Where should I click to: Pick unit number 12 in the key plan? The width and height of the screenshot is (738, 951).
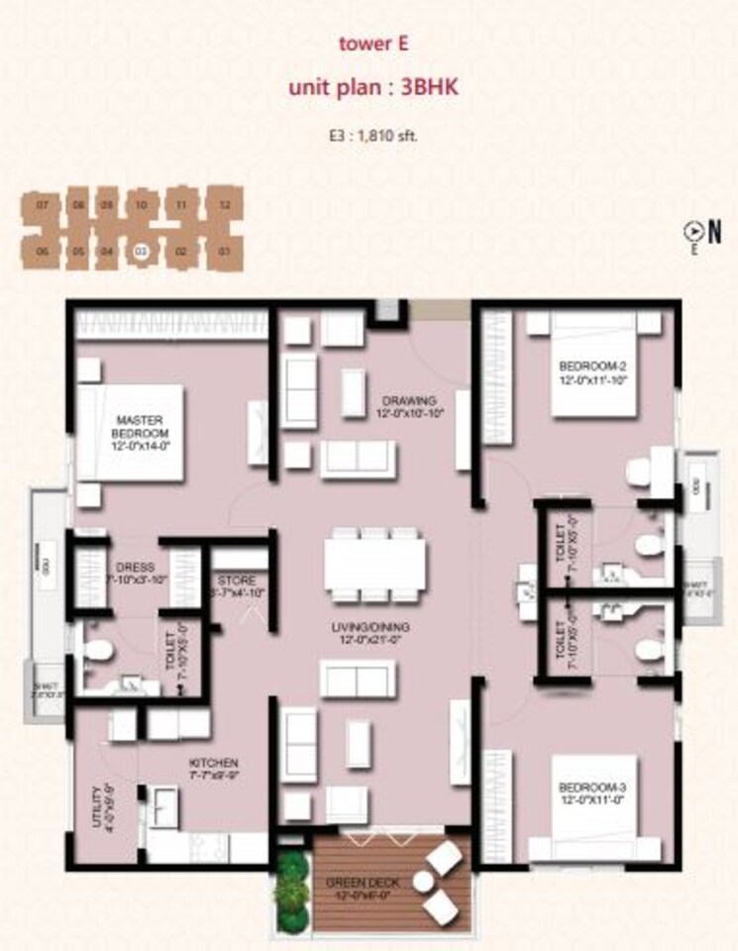(x=225, y=205)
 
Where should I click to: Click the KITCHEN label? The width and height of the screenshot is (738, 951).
(x=213, y=768)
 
